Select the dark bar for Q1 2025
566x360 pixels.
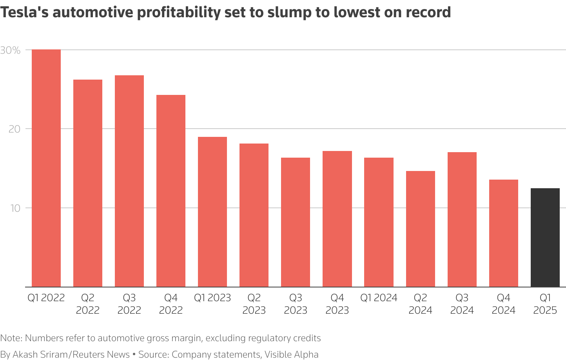[x=545, y=237]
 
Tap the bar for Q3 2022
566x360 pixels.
[x=129, y=181]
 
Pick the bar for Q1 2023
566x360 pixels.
[x=212, y=212]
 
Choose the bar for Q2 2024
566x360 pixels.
[x=420, y=229]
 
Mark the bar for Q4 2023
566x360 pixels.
[x=337, y=219]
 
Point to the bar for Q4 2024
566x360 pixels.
[x=503, y=233]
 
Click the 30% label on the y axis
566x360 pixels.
[x=11, y=51]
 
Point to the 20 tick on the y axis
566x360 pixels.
[x=15, y=129]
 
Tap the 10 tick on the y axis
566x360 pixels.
[x=15, y=208]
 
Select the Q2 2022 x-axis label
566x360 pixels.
[x=87, y=304]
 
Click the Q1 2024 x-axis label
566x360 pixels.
[x=379, y=298]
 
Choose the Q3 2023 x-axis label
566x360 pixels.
[x=296, y=304]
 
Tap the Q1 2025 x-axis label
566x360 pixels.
[x=545, y=304]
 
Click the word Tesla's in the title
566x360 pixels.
[x=24, y=13]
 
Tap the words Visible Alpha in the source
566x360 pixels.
[x=291, y=355]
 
